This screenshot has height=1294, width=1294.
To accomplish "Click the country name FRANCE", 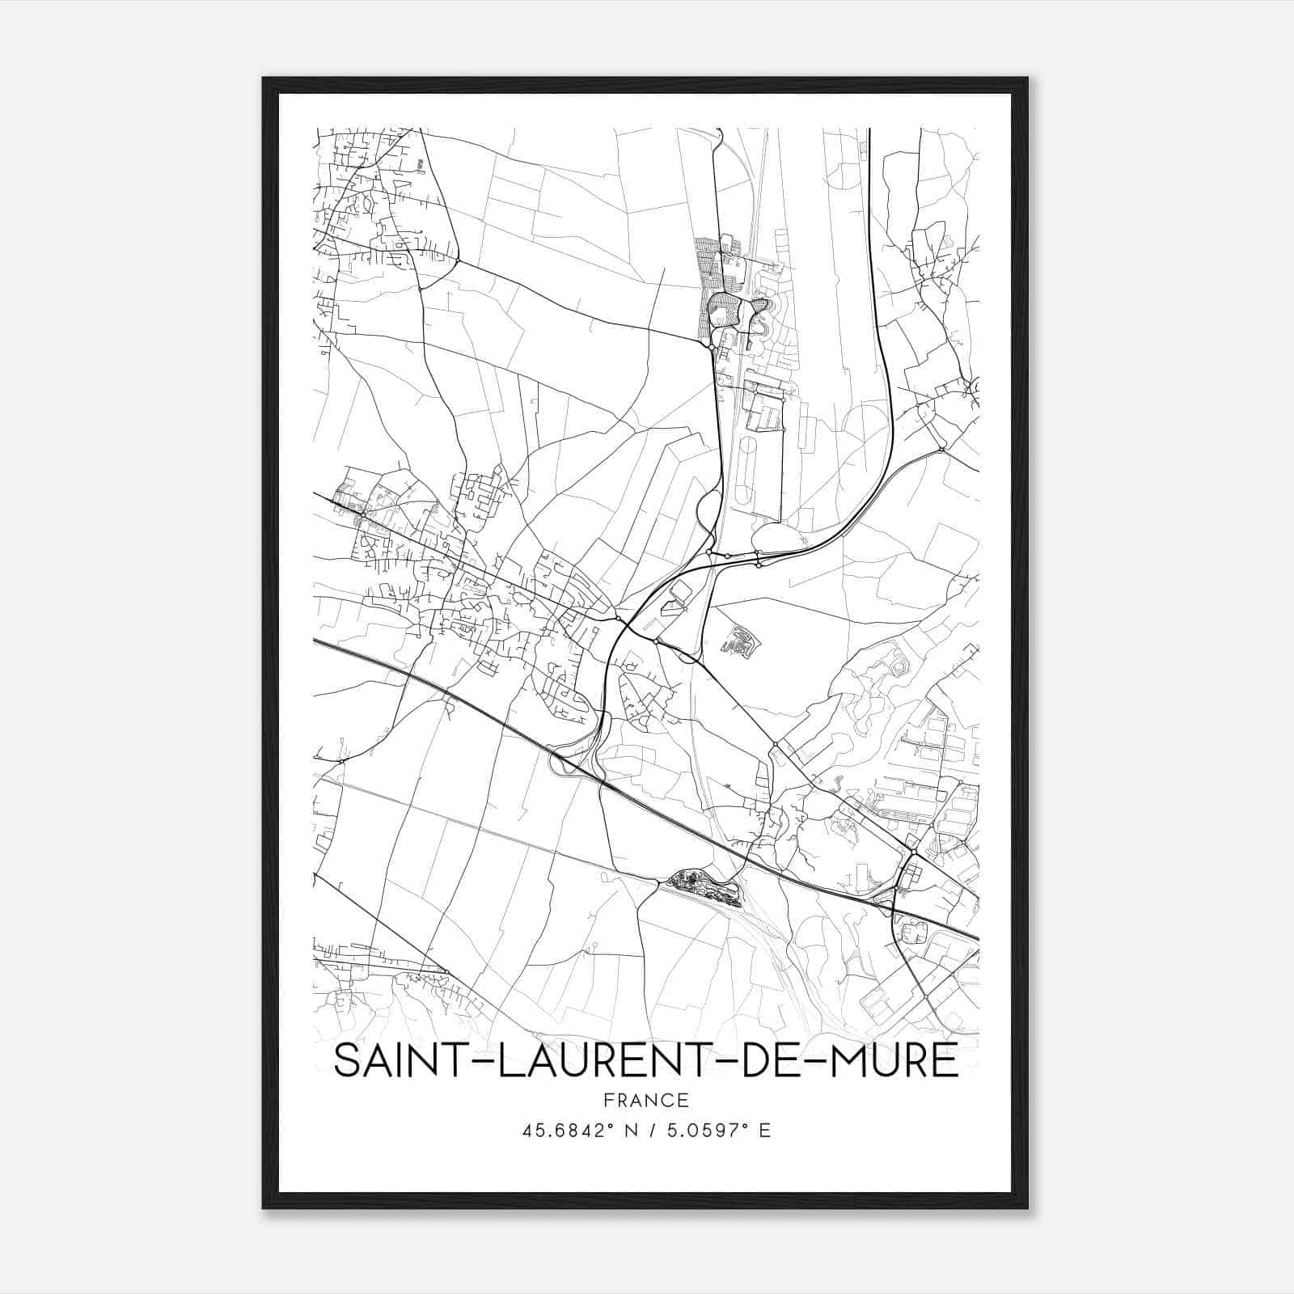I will point(645,1101).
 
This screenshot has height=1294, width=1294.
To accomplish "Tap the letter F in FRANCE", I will point(607,1101).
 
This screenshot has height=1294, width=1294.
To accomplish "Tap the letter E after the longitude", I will point(764,1131).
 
